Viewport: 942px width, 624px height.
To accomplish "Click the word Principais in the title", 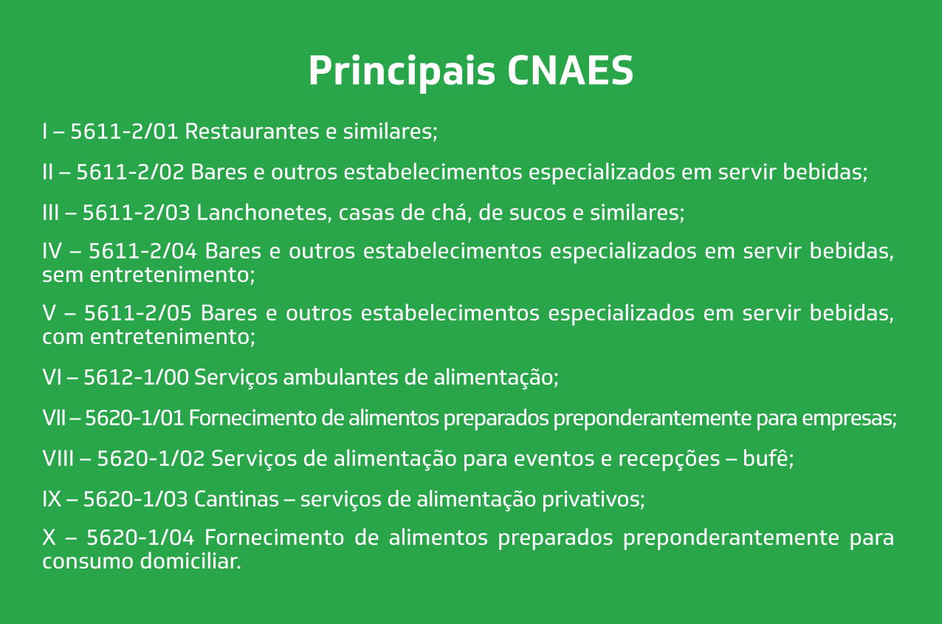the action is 402,72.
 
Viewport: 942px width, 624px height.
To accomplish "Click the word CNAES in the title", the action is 570,70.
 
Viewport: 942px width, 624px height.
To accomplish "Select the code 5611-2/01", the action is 125,131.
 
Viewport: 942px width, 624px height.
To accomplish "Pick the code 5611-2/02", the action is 131,171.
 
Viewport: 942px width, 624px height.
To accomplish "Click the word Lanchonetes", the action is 262,213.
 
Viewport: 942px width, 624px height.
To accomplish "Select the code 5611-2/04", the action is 142,251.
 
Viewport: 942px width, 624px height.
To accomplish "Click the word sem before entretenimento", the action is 63,275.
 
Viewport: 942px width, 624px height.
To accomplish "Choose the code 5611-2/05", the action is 138,313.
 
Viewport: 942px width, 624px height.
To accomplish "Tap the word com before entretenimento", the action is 63,337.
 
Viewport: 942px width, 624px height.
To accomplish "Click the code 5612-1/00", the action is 137,377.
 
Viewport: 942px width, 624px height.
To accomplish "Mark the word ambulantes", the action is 340,377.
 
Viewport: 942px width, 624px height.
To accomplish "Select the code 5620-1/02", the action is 151,459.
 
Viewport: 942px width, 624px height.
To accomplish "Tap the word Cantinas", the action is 236,499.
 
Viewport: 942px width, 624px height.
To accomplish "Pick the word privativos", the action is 591,500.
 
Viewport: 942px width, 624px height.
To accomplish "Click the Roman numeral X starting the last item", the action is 49,538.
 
